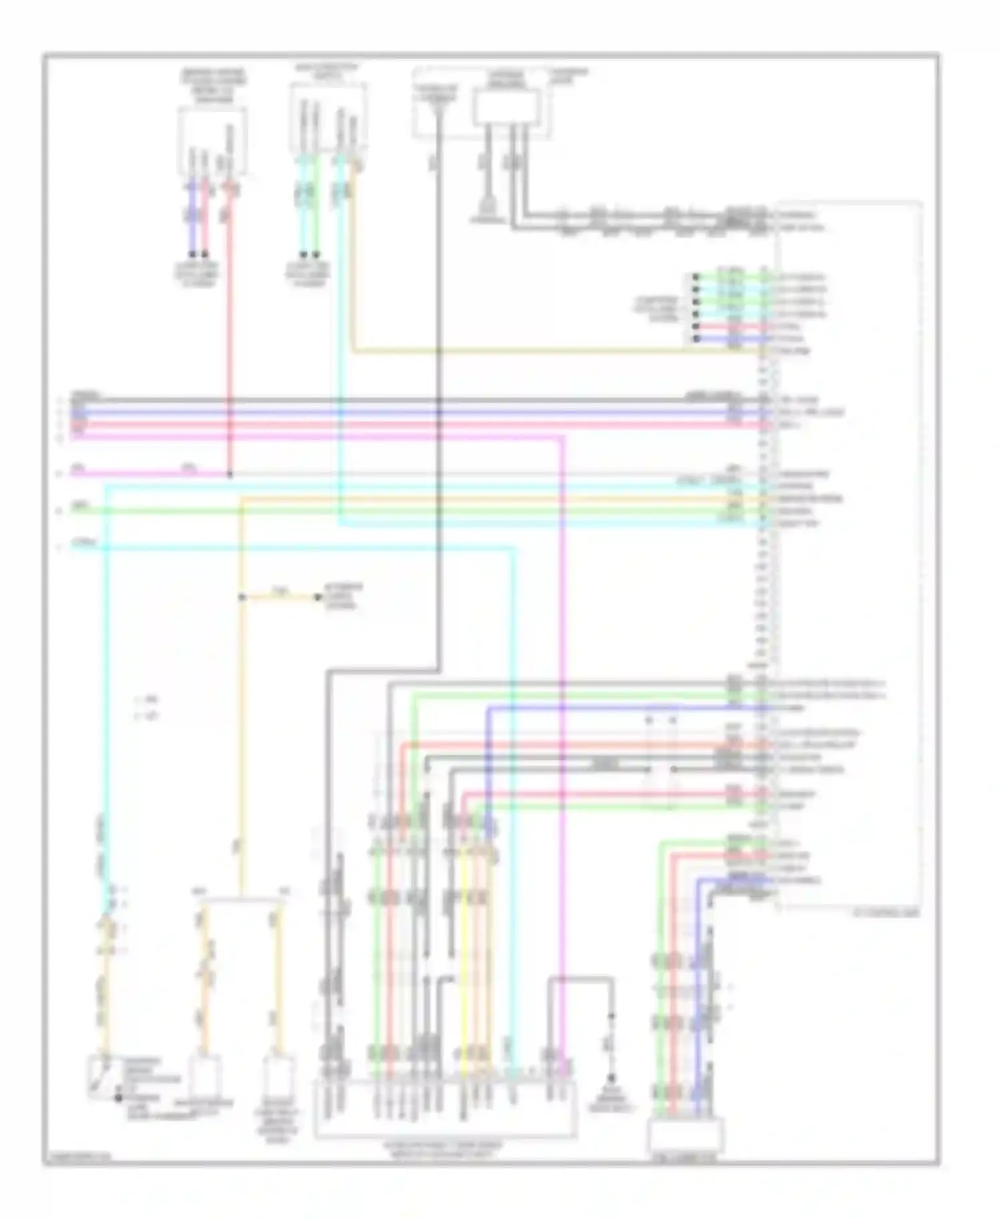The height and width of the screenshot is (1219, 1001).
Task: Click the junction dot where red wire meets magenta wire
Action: click(x=230, y=475)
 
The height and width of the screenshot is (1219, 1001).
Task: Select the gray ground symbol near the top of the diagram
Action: click(x=488, y=215)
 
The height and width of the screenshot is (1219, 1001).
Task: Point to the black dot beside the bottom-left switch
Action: click(x=119, y=1098)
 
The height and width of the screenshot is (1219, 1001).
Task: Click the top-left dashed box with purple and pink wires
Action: click(x=212, y=141)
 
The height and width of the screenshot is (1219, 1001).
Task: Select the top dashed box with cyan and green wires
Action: click(x=328, y=117)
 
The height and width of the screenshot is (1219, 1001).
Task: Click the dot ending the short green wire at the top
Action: click(x=316, y=254)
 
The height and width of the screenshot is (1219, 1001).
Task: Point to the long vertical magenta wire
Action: click(x=564, y=734)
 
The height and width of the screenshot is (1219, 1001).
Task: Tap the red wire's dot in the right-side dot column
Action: click(x=696, y=327)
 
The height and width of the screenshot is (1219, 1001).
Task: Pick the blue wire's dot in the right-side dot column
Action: click(x=696, y=339)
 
